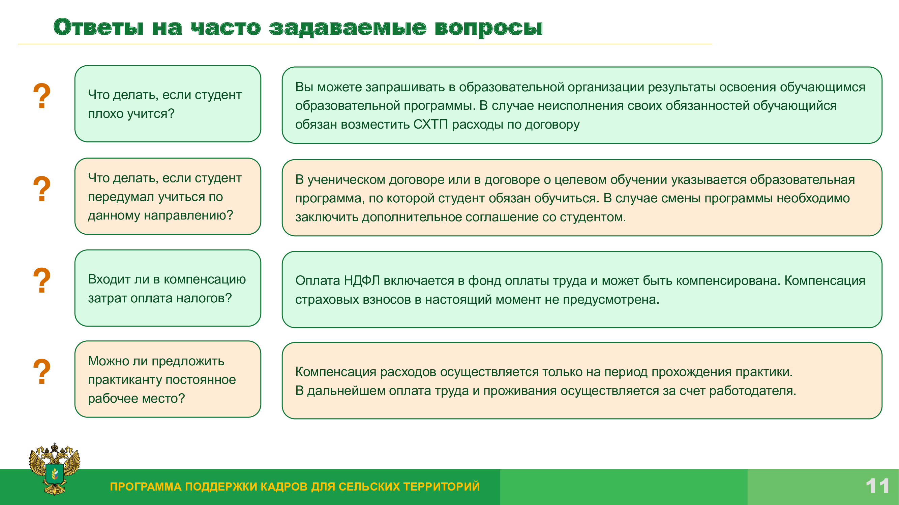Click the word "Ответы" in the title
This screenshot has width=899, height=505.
pos(98,27)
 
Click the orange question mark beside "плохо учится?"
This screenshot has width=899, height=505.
pos(42,96)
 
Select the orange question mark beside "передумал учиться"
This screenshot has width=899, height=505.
pos(42,189)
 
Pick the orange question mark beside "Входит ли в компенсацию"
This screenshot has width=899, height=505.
pos(42,280)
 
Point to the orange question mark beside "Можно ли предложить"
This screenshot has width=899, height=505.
pos(42,372)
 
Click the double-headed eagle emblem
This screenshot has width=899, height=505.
pos(55,469)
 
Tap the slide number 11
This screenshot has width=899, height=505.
pos(877,486)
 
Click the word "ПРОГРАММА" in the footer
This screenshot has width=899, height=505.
pos(146,486)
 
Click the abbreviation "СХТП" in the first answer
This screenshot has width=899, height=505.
pos(431,125)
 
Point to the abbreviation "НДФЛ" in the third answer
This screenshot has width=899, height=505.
pos(362,280)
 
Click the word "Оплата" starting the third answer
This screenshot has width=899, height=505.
pos(318,280)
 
